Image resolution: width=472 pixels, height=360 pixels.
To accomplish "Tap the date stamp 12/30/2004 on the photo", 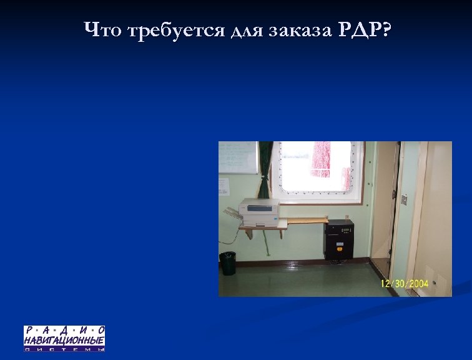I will [405, 284].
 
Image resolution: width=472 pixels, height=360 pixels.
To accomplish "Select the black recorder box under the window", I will [338, 239].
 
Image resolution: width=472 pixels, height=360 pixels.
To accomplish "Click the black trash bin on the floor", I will [228, 263].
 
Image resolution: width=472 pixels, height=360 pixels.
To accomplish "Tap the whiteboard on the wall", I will [237, 157].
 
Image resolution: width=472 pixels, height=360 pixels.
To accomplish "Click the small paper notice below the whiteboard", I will [224, 187].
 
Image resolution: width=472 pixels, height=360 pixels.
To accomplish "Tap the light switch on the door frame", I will [404, 199].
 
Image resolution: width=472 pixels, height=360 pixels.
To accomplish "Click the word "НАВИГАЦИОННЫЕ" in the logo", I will [64, 340].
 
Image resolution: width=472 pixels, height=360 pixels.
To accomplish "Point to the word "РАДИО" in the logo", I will [64, 330].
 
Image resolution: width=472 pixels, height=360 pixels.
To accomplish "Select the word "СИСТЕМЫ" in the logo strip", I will [64, 349].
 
